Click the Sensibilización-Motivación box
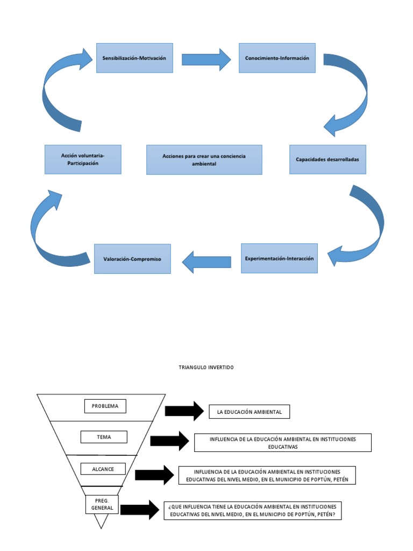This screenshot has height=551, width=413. (x=134, y=58)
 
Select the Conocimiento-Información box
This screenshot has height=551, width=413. (x=277, y=58)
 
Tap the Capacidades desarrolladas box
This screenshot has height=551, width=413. (x=327, y=159)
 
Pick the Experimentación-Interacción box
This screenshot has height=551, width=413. (x=279, y=258)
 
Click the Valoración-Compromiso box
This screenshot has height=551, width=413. (x=132, y=259)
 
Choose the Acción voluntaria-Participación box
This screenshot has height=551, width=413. (x=83, y=159)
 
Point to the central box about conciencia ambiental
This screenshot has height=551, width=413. (x=204, y=159)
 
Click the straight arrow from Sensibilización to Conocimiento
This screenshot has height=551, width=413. (x=206, y=59)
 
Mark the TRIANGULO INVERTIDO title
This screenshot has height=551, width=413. (x=206, y=368)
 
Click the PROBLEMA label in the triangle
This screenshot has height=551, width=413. (x=105, y=406)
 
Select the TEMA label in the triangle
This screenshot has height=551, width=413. (x=104, y=437)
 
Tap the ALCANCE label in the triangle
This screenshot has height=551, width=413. (x=103, y=469)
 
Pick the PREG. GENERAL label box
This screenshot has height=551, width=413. (x=102, y=504)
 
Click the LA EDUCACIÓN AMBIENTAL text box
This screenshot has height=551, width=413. (x=249, y=412)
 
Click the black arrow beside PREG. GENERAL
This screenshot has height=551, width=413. (x=140, y=510)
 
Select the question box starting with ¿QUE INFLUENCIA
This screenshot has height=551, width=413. (x=253, y=510)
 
